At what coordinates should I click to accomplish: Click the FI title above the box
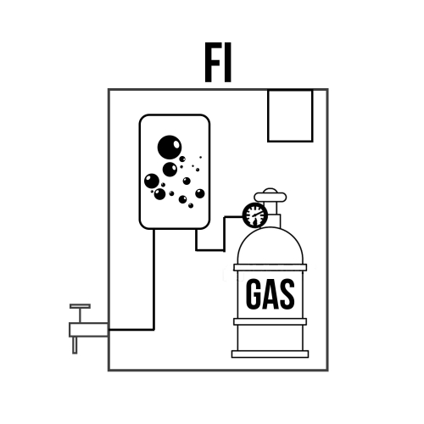click(x=218, y=62)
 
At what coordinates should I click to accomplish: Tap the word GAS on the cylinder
click(x=271, y=294)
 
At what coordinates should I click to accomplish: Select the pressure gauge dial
click(x=255, y=215)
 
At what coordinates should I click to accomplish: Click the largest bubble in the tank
click(x=170, y=147)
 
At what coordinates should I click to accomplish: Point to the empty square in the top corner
click(x=290, y=115)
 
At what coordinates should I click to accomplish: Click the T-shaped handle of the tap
click(x=81, y=313)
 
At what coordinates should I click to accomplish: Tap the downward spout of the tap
click(x=75, y=345)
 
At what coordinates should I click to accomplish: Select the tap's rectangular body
click(x=88, y=330)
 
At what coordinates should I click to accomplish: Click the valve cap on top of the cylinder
click(x=271, y=196)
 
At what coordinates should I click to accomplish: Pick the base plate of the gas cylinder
click(x=270, y=354)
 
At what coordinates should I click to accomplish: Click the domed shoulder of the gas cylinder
click(x=271, y=246)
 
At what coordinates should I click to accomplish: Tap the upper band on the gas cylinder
click(x=270, y=267)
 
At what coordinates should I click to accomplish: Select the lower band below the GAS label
click(x=270, y=321)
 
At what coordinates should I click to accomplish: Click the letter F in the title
click(x=212, y=62)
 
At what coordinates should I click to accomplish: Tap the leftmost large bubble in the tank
click(x=152, y=181)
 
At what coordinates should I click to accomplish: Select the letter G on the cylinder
click(x=254, y=294)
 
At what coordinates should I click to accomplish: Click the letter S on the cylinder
click(x=287, y=294)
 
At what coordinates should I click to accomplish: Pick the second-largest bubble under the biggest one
click(x=170, y=170)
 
